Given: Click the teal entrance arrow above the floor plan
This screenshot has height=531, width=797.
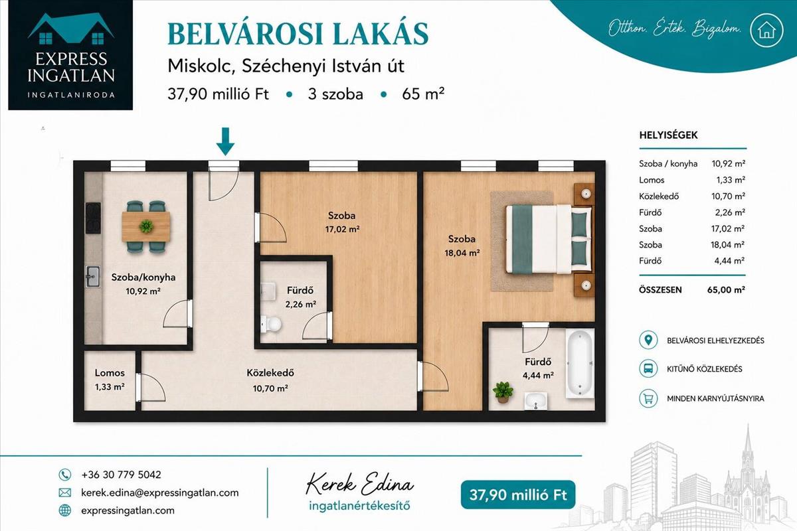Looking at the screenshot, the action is tap(225, 141).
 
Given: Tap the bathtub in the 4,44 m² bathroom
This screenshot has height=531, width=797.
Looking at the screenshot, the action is tap(580, 364).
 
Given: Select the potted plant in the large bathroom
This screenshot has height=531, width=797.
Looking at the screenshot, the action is tap(503, 392).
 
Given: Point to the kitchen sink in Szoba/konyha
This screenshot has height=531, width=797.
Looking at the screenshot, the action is tap(93, 276).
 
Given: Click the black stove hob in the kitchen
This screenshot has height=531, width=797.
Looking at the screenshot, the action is tap(93, 218).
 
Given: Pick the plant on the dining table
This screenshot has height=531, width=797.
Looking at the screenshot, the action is tap(146, 226).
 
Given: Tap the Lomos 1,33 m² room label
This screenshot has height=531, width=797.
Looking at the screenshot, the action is tap(110, 380).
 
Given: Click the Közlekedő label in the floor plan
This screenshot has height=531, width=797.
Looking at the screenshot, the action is tap(270, 373).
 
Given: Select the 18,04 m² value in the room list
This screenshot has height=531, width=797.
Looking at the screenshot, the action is tap(728, 245).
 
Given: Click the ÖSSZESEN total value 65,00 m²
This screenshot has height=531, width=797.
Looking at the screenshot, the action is tap(726, 289).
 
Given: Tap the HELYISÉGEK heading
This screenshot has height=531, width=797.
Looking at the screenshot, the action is tap(669, 135).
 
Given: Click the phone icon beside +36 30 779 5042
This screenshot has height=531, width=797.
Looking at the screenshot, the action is tap(65, 475).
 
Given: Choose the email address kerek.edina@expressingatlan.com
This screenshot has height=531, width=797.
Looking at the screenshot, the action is tap(160, 493).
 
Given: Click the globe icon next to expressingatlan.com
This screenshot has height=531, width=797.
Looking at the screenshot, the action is tap(65, 510).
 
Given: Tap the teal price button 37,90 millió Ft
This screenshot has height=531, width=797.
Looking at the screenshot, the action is tap(517, 494).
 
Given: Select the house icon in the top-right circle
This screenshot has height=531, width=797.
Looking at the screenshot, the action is tap(766, 31).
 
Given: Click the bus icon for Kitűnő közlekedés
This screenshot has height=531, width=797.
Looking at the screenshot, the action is tap(648, 368).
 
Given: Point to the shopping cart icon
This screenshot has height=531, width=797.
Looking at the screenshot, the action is tap(648, 398).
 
